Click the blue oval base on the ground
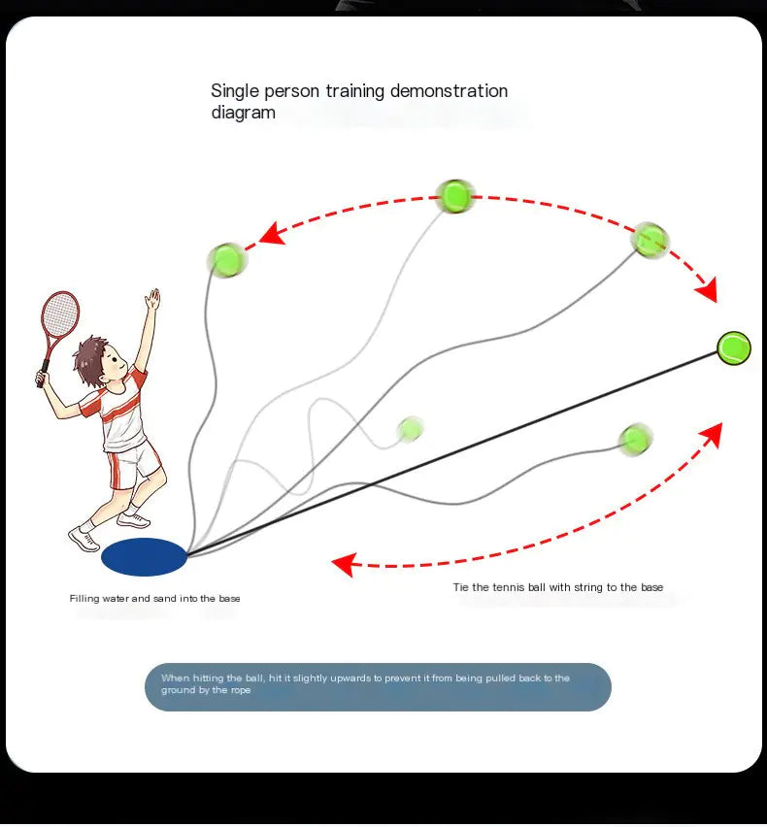pyautogui.click(x=144, y=557)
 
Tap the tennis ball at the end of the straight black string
pyautogui.click(x=734, y=347)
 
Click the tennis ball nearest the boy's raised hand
pyautogui.click(x=226, y=259)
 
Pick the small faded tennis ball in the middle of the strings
pyautogui.click(x=410, y=428)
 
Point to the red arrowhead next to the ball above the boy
pyautogui.click(x=271, y=234)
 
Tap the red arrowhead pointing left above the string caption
pyautogui.click(x=343, y=563)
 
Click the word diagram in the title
pyautogui.click(x=243, y=113)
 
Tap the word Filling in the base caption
pyautogui.click(x=83, y=599)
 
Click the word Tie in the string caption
pyautogui.click(x=460, y=587)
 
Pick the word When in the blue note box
pyautogui.click(x=176, y=678)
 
